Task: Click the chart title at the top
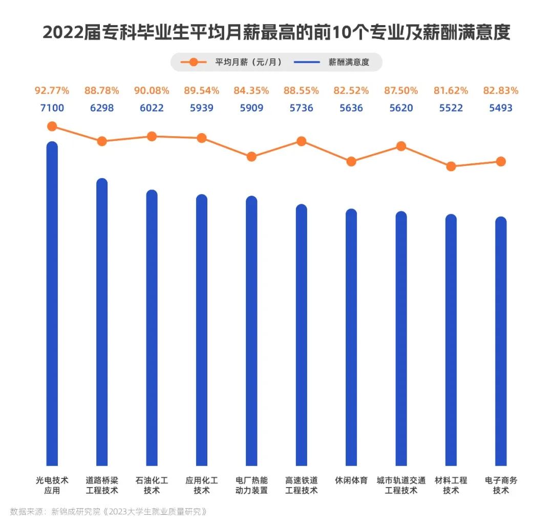pos(276,33)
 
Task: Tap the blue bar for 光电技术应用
pos(52,307)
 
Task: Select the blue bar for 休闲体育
pos(351,338)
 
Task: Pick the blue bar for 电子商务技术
pos(501,343)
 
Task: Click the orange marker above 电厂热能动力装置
pos(251,157)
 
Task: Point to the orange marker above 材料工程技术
pos(451,166)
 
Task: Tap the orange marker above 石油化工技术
pos(152,136)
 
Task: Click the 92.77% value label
pos(52,91)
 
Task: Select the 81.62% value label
pos(451,91)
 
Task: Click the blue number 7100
pos(52,108)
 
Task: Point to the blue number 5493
pos(501,108)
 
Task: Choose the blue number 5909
pos(251,108)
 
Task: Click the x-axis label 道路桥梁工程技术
pos(102,486)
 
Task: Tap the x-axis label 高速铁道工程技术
pos(301,486)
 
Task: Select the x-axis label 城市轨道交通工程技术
pos(401,486)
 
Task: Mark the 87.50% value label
pos(401,91)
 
